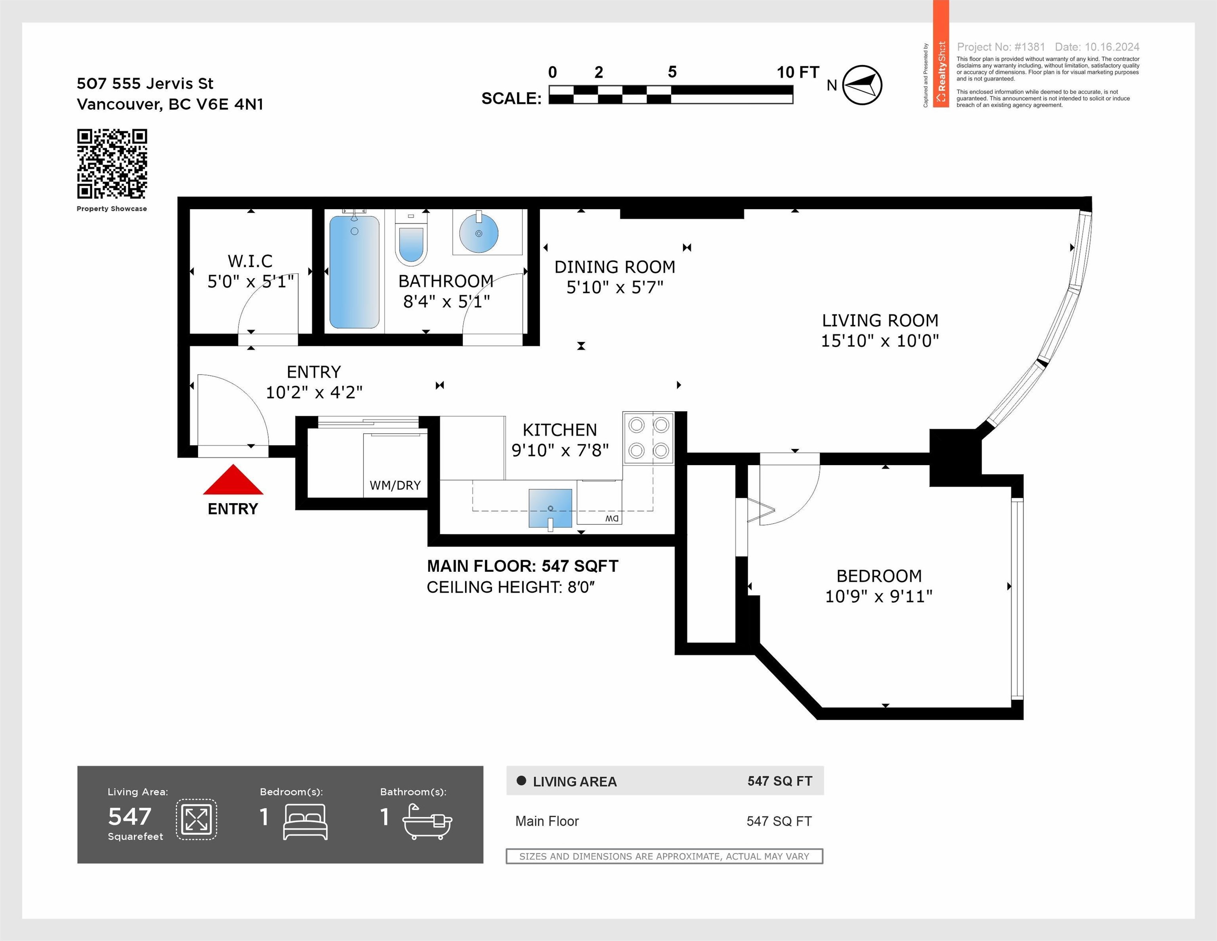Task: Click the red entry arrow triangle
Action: [x=233, y=480]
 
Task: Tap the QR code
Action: [x=112, y=164]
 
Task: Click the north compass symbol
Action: [x=861, y=85]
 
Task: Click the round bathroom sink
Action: [x=478, y=233]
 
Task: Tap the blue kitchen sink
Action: [x=551, y=508]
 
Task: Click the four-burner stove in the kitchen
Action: [x=649, y=438]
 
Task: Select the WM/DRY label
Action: [x=395, y=485]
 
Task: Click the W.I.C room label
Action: [x=250, y=261]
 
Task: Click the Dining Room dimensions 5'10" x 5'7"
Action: [x=615, y=288]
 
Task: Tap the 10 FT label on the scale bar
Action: [x=798, y=72]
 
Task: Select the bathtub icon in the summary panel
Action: [x=428, y=821]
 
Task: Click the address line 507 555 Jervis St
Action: [x=145, y=84]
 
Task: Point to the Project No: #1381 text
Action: [x=1001, y=47]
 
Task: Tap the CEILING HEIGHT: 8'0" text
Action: [x=511, y=587]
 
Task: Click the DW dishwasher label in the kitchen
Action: [x=612, y=519]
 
